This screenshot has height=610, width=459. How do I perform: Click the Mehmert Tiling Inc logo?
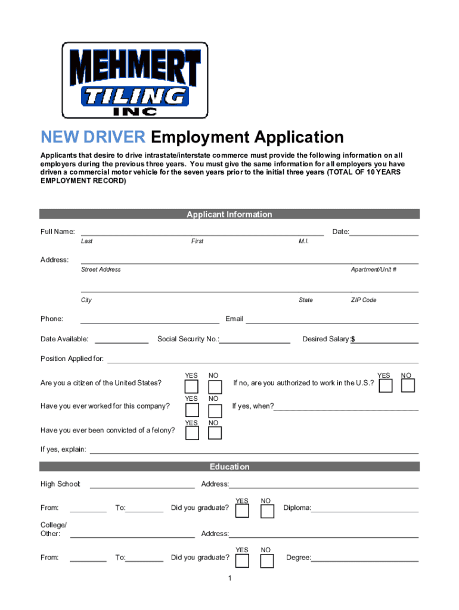click(135, 80)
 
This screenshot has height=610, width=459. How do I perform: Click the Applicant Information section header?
click(229, 214)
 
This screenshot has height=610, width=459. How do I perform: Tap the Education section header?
click(229, 467)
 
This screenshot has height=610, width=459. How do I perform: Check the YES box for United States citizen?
click(192, 386)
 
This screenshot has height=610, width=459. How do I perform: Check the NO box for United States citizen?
click(215, 386)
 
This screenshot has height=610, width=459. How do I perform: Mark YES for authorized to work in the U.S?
click(386, 386)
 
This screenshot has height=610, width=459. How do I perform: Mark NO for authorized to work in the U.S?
click(408, 386)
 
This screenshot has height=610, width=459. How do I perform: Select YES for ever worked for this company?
click(192, 410)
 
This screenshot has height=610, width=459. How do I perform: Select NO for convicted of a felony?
click(215, 433)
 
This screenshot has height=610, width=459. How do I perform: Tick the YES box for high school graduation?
click(243, 511)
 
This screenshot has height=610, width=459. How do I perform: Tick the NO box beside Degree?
click(266, 561)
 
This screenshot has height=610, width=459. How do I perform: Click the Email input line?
click(332, 320)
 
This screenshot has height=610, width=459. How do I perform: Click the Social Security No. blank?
click(255, 340)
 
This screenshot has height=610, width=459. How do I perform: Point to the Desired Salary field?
click(386, 340)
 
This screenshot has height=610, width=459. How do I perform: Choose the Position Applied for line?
click(262, 360)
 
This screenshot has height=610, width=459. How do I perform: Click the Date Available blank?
click(122, 340)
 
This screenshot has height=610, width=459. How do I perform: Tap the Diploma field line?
click(365, 509)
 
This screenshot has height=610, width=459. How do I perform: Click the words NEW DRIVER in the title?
click(92, 138)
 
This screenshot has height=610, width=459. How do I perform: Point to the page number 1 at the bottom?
click(229, 579)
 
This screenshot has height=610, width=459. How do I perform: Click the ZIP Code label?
click(363, 300)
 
